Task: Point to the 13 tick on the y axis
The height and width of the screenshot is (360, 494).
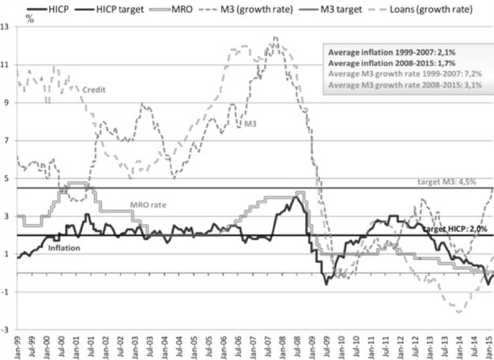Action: coord(8,27)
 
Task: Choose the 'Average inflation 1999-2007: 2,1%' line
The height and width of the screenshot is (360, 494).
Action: coord(387,53)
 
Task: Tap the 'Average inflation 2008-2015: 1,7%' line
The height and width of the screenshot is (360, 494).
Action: coord(387,63)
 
